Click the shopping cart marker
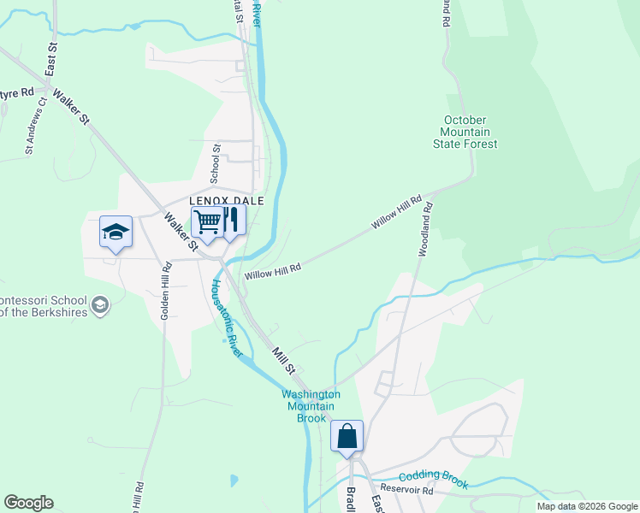[207, 222]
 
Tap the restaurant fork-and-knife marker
[230, 220]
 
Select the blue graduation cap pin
[116, 232]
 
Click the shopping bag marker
[347, 437]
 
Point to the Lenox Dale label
[226, 201]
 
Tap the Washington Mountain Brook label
[311, 406]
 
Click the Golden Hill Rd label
[165, 292]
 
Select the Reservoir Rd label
[408, 491]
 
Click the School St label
[216, 160]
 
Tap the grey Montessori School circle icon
[100, 305]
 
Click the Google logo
[28, 503]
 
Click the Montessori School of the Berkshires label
[43, 306]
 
